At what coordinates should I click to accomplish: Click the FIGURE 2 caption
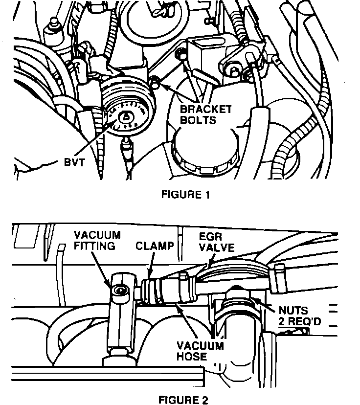tap(183, 400)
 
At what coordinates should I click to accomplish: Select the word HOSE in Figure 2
tap(192, 356)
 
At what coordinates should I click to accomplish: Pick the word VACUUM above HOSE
tap(201, 346)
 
